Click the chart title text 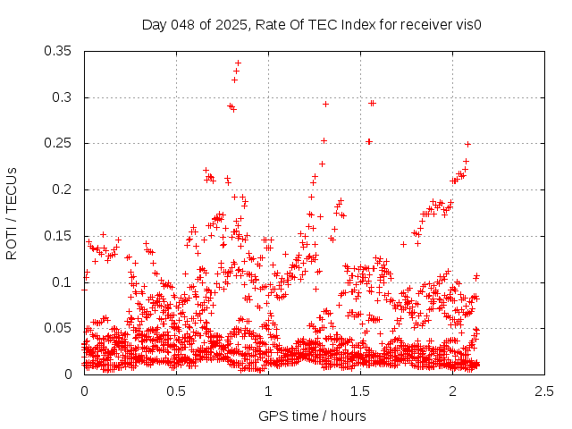pyautogui.click(x=312, y=24)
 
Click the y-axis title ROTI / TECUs pyautogui.click(x=12, y=213)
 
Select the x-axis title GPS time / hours pyautogui.click(x=312, y=416)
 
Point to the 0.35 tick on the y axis pyautogui.click(x=62, y=51)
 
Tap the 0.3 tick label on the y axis pyautogui.click(x=65, y=97)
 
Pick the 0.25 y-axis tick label pyautogui.click(x=62, y=143)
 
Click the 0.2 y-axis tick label pyautogui.click(x=65, y=189)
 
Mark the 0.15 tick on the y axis pyautogui.click(x=62, y=236)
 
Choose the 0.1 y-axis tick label pyautogui.click(x=65, y=282)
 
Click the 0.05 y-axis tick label pyautogui.click(x=62, y=328)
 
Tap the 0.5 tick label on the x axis pyautogui.click(x=176, y=391)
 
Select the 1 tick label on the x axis pyautogui.click(x=268, y=391)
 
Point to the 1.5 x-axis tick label pyautogui.click(x=360, y=391)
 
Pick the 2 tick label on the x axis pyautogui.click(x=452, y=391)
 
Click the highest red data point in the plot pyautogui.click(x=239, y=63)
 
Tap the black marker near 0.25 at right pyautogui.click(x=467, y=144)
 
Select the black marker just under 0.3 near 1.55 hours pyautogui.click(x=372, y=103)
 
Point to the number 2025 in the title pyautogui.click(x=221, y=24)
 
